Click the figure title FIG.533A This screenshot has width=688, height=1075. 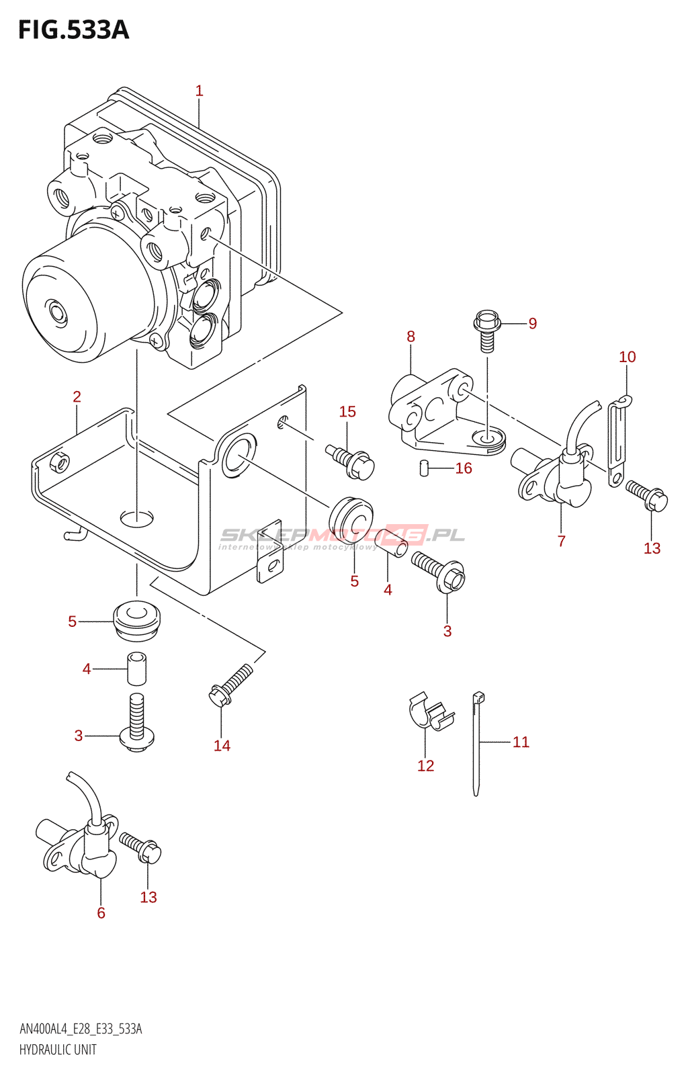tap(73, 30)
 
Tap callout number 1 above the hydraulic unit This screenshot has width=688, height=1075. tap(199, 91)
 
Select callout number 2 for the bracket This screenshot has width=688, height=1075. tap(77, 397)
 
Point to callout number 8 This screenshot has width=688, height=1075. tap(411, 337)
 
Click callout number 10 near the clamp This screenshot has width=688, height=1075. tap(627, 357)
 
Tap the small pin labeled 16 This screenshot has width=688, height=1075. tap(424, 468)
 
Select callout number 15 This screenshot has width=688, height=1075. tap(347, 412)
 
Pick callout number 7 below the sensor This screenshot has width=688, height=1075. tap(561, 541)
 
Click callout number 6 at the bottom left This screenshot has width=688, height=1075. tap(101, 912)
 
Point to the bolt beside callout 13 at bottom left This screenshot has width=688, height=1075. tap(140, 847)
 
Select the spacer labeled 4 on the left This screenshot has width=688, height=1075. tap(136, 668)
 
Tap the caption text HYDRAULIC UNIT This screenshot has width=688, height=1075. tap(58, 1049)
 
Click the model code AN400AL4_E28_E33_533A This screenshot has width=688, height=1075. tap(81, 1029)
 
